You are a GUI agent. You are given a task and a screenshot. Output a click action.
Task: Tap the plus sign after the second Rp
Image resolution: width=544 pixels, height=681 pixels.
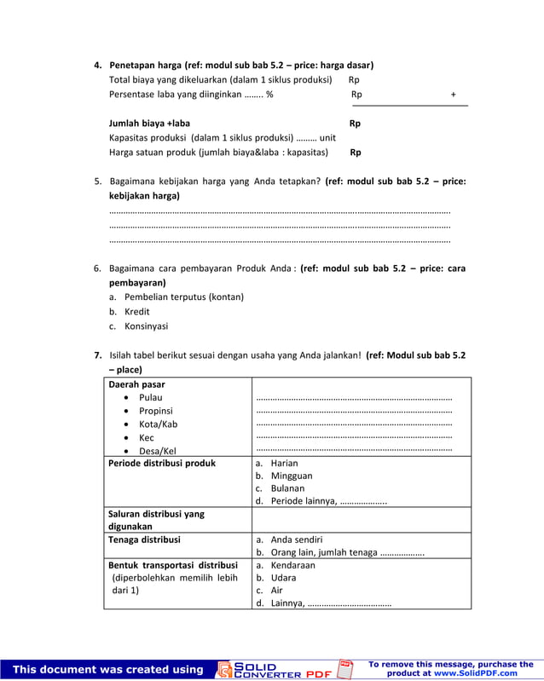click(x=453, y=95)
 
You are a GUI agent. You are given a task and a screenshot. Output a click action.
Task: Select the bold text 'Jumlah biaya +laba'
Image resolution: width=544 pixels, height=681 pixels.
click(x=149, y=124)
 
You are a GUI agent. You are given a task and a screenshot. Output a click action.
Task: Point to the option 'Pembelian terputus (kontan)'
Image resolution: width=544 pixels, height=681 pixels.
click(x=183, y=297)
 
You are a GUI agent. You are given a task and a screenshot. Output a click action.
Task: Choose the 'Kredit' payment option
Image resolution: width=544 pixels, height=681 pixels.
click(x=136, y=311)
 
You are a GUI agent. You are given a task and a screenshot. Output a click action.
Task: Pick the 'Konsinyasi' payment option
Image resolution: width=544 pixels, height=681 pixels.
click(x=146, y=326)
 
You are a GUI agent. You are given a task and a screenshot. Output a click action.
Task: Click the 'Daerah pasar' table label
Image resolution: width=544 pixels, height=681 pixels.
click(x=136, y=384)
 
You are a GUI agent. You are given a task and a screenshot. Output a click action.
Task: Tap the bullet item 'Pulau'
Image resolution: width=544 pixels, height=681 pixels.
click(x=150, y=397)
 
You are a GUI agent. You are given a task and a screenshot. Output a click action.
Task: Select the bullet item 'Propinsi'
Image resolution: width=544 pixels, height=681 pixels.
click(x=155, y=411)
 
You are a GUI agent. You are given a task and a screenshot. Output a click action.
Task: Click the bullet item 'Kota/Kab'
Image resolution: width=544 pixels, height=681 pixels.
click(x=158, y=424)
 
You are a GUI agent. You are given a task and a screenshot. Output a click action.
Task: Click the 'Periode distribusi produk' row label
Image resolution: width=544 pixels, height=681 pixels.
click(x=162, y=464)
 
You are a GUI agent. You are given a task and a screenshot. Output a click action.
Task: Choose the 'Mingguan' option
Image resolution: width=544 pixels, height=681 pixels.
click(x=291, y=476)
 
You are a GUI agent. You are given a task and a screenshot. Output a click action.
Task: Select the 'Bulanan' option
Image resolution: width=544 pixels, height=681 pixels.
click(x=287, y=488)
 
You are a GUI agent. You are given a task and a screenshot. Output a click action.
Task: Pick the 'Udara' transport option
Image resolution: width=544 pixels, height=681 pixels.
click(x=283, y=577)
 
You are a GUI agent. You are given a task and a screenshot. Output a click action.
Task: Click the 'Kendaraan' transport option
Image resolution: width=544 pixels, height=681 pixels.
click(x=292, y=565)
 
